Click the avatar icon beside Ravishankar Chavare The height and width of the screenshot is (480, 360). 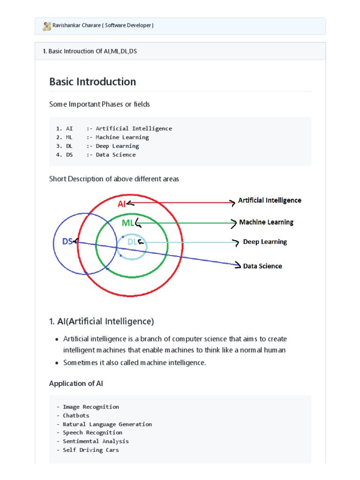click(x=46, y=26)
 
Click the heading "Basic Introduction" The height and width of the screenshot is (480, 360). click(x=92, y=82)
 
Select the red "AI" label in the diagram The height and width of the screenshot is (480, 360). click(x=121, y=203)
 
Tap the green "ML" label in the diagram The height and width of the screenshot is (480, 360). click(x=127, y=223)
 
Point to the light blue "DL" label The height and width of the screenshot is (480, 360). click(x=133, y=242)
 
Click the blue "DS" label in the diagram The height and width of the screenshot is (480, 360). click(x=67, y=241)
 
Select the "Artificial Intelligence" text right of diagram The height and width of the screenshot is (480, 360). click(x=270, y=200)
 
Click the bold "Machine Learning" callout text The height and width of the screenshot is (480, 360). click(x=266, y=222)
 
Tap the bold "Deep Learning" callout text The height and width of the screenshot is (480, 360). click(x=265, y=242)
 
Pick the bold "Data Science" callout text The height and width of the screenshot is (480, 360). click(x=262, y=266)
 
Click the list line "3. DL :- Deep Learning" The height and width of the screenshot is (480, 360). click(x=97, y=146)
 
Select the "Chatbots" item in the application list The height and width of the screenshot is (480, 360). click(x=76, y=415)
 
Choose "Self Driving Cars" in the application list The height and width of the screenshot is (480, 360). click(x=91, y=450)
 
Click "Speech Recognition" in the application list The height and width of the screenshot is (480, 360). click(x=92, y=433)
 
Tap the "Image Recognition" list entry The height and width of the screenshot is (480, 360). click(x=91, y=407)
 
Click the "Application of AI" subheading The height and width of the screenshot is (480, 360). click(x=76, y=383)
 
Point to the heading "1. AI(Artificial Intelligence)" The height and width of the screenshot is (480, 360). click(x=101, y=322)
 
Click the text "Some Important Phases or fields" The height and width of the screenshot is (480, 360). click(x=99, y=104)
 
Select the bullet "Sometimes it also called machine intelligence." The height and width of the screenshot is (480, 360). click(x=135, y=362)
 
